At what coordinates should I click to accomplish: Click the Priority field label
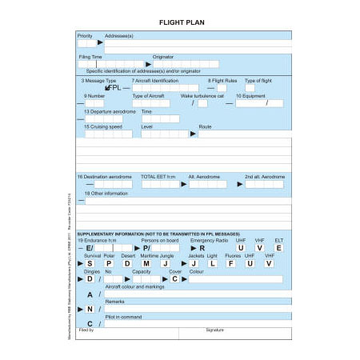click(x=85, y=36)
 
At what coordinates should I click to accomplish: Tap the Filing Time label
click(x=90, y=57)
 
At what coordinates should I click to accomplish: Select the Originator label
click(x=164, y=57)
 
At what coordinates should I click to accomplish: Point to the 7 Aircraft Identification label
click(x=155, y=81)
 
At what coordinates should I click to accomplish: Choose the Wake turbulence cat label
click(x=205, y=96)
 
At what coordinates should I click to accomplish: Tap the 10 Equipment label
click(x=254, y=96)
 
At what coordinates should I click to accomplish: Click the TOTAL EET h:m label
click(x=158, y=176)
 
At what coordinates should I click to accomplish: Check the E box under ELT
click(x=278, y=248)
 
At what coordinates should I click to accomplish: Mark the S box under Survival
click(x=90, y=263)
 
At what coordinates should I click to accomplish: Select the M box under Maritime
click(x=146, y=263)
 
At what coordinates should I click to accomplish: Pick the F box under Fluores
click(x=230, y=263)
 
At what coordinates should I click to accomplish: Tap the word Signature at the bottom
click(x=214, y=330)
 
